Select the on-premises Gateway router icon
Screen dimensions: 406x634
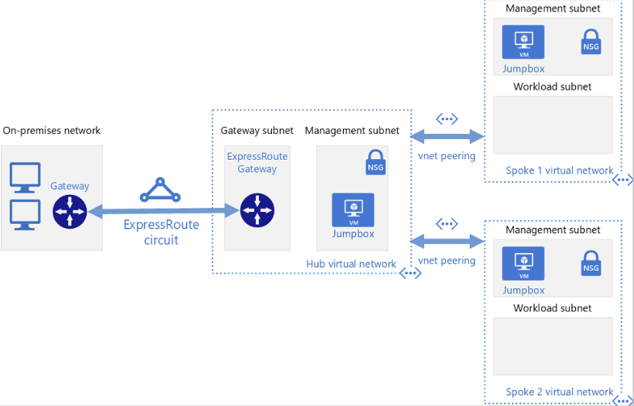(x=70, y=211)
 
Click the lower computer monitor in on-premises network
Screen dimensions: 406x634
(x=24, y=215)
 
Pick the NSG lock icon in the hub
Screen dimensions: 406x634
(x=375, y=163)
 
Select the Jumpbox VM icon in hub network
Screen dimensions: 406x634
(x=353, y=209)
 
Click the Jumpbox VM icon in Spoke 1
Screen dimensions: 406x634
(x=523, y=42)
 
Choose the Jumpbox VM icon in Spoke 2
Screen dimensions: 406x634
(x=523, y=263)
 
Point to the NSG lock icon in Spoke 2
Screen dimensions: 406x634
(x=590, y=263)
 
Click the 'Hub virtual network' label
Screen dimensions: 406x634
(x=351, y=264)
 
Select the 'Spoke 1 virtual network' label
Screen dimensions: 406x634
(x=559, y=171)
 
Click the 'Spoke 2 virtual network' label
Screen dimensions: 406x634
(x=559, y=392)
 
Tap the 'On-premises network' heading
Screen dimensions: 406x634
(x=52, y=131)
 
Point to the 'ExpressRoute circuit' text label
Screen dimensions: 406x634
(x=161, y=232)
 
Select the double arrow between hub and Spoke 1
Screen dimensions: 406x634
(x=448, y=137)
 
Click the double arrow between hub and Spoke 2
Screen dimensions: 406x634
(x=448, y=242)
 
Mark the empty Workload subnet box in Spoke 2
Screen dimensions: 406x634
(x=553, y=346)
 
